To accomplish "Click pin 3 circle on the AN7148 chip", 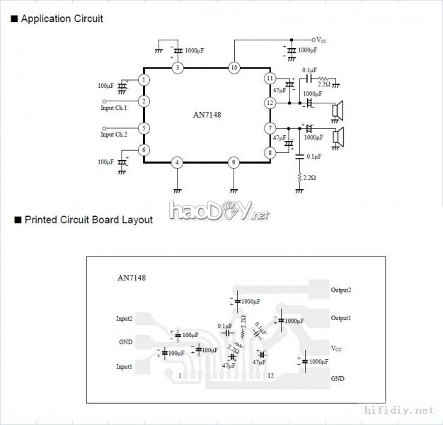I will click(178, 67).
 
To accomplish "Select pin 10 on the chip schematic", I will click(234, 67).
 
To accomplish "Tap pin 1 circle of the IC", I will click(144, 80).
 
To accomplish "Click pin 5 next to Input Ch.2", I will click(144, 128).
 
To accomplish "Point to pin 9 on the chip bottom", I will click(234, 162).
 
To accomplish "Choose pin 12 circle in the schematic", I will click(269, 102).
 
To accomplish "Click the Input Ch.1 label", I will click(114, 108).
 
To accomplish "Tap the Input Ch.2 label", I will click(114, 135).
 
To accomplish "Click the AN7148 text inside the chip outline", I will click(207, 115).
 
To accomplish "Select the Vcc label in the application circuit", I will click(321, 40).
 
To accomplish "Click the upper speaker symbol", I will click(339, 110).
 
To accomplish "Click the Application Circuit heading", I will click(62, 18).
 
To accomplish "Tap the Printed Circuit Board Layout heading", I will click(88, 220).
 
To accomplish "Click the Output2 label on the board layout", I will click(341, 290).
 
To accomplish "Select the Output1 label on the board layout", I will click(341, 318).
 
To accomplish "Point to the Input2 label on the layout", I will click(125, 319).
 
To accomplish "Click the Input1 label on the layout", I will click(125, 366).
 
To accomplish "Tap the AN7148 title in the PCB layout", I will click(132, 278).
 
